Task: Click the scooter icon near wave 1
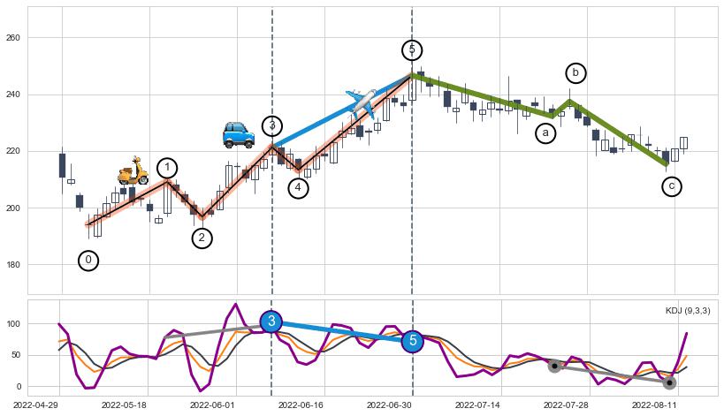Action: pos(133,171)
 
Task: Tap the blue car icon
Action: pos(238,135)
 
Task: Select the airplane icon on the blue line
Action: pos(362,102)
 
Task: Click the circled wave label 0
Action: pos(88,260)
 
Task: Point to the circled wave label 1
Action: pos(168,168)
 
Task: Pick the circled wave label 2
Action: pos(202,238)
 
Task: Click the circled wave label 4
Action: pos(299,187)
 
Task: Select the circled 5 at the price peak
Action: pos(411,49)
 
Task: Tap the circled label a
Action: pos(545,133)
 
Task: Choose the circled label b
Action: pos(575,72)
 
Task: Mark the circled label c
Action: pos(672,186)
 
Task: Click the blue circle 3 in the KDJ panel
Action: pos(271,321)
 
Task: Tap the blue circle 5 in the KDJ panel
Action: pos(412,341)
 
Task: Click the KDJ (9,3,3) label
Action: pos(687,311)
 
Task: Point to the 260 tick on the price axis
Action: pos(13,38)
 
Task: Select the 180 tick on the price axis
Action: pos(13,265)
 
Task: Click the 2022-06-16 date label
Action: pos(301,405)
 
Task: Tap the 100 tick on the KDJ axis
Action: pos(13,324)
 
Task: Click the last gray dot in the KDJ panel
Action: pos(669,382)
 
